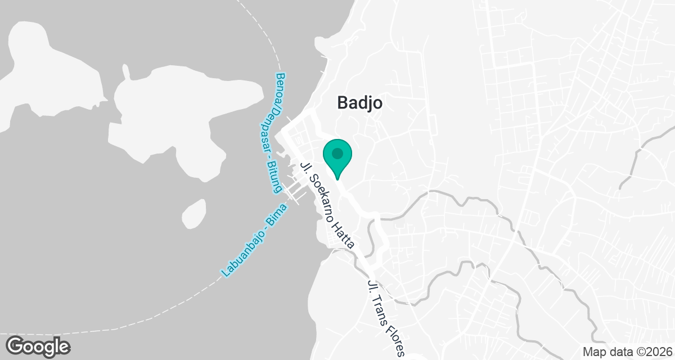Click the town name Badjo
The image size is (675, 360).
click(360, 103)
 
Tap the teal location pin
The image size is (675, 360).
click(337, 158)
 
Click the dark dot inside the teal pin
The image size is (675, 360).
click(337, 153)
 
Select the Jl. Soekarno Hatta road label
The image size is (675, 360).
click(328, 206)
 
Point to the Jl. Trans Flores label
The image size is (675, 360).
click(385, 318)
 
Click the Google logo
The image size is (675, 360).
click(38, 345)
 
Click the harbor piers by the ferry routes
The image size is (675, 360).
click(295, 191)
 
